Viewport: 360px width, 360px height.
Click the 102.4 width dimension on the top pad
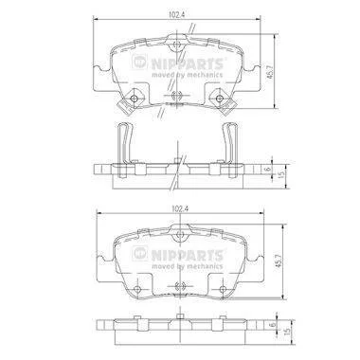click(x=176, y=14)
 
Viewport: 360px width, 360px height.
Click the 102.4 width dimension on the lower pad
click(x=179, y=208)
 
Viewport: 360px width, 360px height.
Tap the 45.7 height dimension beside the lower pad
click(x=279, y=261)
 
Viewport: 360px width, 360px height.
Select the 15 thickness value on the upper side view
click(x=282, y=172)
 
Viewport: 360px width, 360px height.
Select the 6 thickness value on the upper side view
click(x=268, y=169)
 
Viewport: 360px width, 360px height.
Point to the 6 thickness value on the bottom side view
click(x=274, y=324)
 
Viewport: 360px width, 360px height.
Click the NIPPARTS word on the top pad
click(x=188, y=64)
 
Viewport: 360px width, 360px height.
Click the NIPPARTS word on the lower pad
click(x=188, y=255)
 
